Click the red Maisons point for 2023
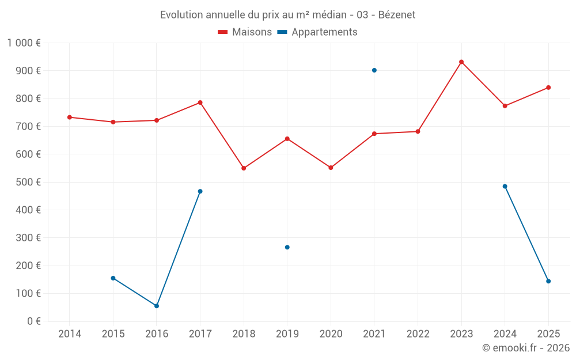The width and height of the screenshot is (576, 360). point(461,62)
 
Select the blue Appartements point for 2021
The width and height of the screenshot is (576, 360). point(374,70)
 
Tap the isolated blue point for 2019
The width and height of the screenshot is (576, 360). point(287,247)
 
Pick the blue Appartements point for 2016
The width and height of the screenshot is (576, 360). point(157,306)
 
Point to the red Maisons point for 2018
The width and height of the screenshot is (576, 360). point(244,168)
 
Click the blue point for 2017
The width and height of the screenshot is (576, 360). point(200,191)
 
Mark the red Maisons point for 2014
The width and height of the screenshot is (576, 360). point(70,117)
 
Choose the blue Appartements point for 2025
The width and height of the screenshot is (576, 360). point(548,282)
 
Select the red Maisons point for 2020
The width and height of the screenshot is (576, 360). point(331,168)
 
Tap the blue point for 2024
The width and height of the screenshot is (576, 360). point(505,187)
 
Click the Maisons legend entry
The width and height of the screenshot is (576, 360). point(245,32)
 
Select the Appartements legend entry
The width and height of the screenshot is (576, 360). point(317,32)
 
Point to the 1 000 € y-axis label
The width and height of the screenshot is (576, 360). point(24,43)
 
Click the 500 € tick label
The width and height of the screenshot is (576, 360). point(28,182)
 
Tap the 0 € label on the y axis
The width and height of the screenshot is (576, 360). point(34,321)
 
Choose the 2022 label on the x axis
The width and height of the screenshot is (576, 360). point(418,334)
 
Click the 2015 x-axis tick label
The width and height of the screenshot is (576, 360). point(113,334)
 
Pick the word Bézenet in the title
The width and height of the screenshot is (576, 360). point(397,15)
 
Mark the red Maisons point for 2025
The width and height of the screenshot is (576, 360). point(548,88)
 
